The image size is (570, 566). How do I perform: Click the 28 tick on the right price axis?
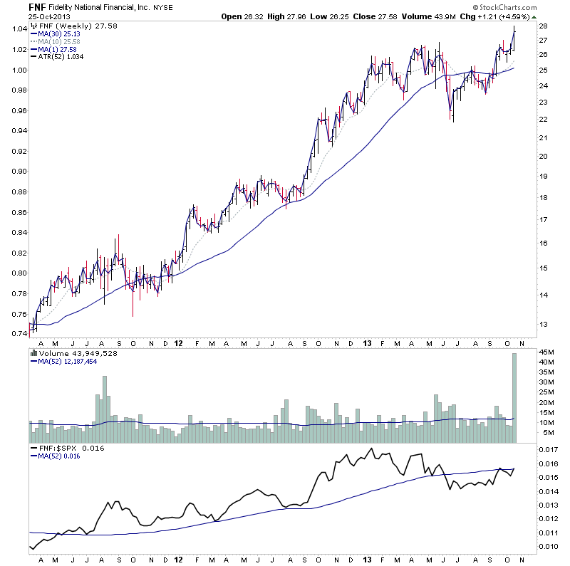543,26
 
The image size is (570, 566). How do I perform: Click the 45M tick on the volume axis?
546,352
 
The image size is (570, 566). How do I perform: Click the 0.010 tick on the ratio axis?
549,547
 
